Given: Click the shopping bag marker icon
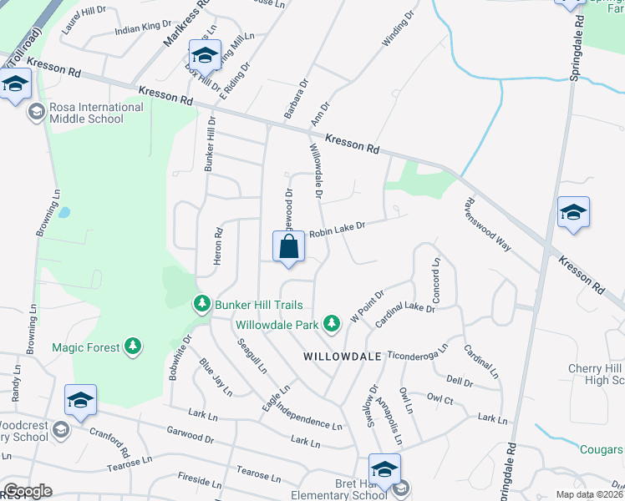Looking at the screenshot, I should pos(288,248).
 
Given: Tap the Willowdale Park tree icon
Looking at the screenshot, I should pos(333,323).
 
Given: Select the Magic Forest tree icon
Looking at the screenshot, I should pos(132,347).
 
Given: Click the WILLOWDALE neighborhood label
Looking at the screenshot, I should pos(343,357).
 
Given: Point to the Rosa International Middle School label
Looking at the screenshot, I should pos(96,113).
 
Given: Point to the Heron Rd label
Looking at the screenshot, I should pos(218,247).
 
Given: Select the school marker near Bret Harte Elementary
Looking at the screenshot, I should pos(385,470).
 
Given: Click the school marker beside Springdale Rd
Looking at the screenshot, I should pos(574,212).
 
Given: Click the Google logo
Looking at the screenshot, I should pos(28,491).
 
